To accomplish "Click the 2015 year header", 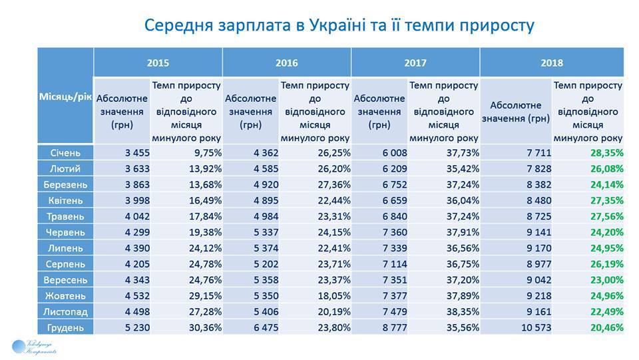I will (x=158, y=63).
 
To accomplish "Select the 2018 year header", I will (x=552, y=63).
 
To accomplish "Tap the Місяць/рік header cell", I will (x=65, y=96).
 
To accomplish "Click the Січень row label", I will (x=65, y=153).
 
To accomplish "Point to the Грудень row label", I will (x=65, y=327).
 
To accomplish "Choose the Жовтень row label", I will (x=65, y=295).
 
